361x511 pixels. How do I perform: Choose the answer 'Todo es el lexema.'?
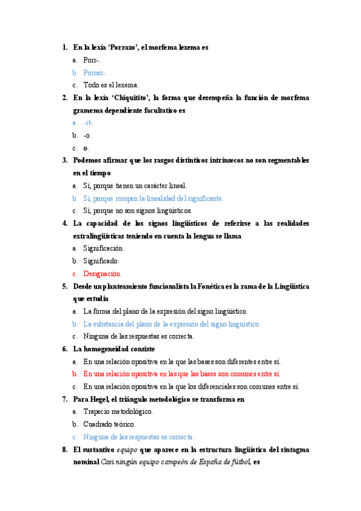tap(111, 85)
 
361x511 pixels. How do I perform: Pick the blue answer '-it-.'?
tap(89, 123)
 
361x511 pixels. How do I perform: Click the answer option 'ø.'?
tap(87, 148)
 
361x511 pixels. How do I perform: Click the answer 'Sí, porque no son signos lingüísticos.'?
tap(138, 211)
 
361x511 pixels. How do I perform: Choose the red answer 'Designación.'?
tap(102, 274)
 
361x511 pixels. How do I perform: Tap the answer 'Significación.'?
tap(104, 248)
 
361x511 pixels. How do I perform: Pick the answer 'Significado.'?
tap(101, 261)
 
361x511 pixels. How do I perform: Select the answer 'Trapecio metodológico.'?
tap(118, 412)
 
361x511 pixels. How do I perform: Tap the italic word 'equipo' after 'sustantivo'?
tap(127, 450)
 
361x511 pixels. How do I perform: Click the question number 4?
tap(64, 224)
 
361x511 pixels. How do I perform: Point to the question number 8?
tap(64, 450)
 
